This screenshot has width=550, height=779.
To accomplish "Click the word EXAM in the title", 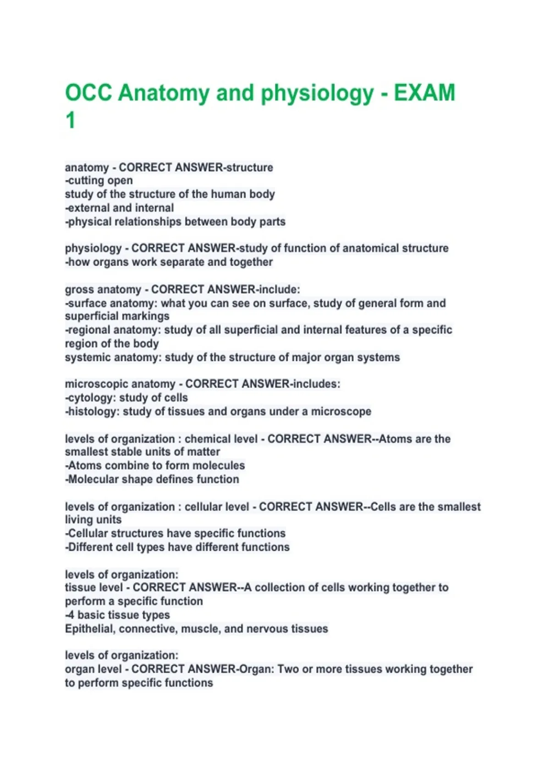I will (424, 93).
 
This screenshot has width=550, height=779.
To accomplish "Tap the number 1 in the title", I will (70, 121).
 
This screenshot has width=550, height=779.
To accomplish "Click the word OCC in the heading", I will (88, 93).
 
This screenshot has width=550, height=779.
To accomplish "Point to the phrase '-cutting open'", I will (99, 181).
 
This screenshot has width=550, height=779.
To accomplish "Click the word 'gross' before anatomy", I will (80, 290).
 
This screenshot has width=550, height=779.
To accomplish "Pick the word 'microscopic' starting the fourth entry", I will (95, 384).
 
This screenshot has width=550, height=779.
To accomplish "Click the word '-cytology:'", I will (90, 398).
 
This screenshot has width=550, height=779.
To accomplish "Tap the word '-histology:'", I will (92, 411).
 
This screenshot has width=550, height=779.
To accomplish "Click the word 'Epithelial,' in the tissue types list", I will (90, 629).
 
